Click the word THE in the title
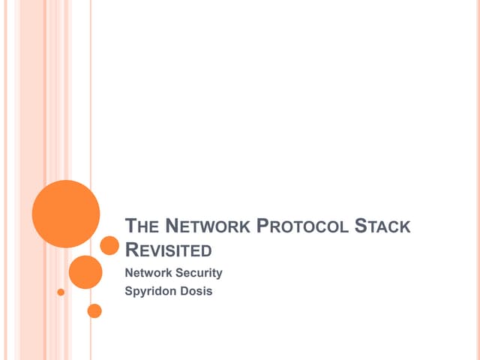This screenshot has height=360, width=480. pyautogui.click(x=142, y=226)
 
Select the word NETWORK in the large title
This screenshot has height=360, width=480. pyautogui.click(x=208, y=226)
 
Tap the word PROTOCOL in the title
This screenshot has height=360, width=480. pyautogui.click(x=302, y=226)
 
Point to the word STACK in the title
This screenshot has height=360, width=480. pyautogui.click(x=382, y=226)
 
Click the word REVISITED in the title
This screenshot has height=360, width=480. pyautogui.click(x=168, y=250)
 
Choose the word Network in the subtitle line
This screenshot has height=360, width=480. pyautogui.click(x=148, y=272)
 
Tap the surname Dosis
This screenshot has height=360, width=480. pyautogui.click(x=196, y=291)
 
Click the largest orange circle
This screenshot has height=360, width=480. pyautogui.click(x=66, y=214)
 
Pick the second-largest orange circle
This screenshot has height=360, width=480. pyautogui.click(x=85, y=272)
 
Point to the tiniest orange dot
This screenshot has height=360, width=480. pyautogui.click(x=61, y=292)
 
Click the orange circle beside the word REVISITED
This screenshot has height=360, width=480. pyautogui.click(x=109, y=245)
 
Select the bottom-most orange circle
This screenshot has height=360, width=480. pyautogui.click(x=94, y=310)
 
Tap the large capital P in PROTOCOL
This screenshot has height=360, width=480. pyautogui.click(x=262, y=226)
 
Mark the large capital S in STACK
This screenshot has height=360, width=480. pyautogui.click(x=361, y=226)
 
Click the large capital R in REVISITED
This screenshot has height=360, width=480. pyautogui.click(x=132, y=250)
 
